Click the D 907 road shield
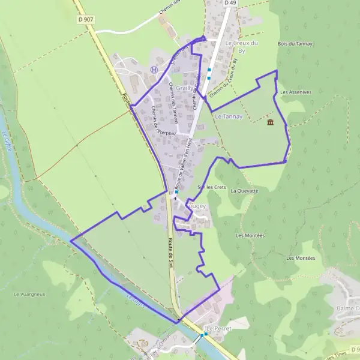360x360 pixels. [x=86, y=20]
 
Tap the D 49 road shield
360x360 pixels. [x=229, y=3]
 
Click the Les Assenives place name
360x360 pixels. [x=296, y=92]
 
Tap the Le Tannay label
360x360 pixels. [x=228, y=116]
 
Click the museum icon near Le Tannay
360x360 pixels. [x=271, y=123]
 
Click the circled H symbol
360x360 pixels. [x=154, y=70]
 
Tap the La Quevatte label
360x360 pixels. [x=244, y=191]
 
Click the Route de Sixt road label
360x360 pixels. [x=172, y=251]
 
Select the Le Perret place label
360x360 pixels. [x=218, y=329]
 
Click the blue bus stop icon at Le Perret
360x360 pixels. [x=205, y=334]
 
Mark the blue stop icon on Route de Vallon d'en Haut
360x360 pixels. [x=177, y=192]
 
